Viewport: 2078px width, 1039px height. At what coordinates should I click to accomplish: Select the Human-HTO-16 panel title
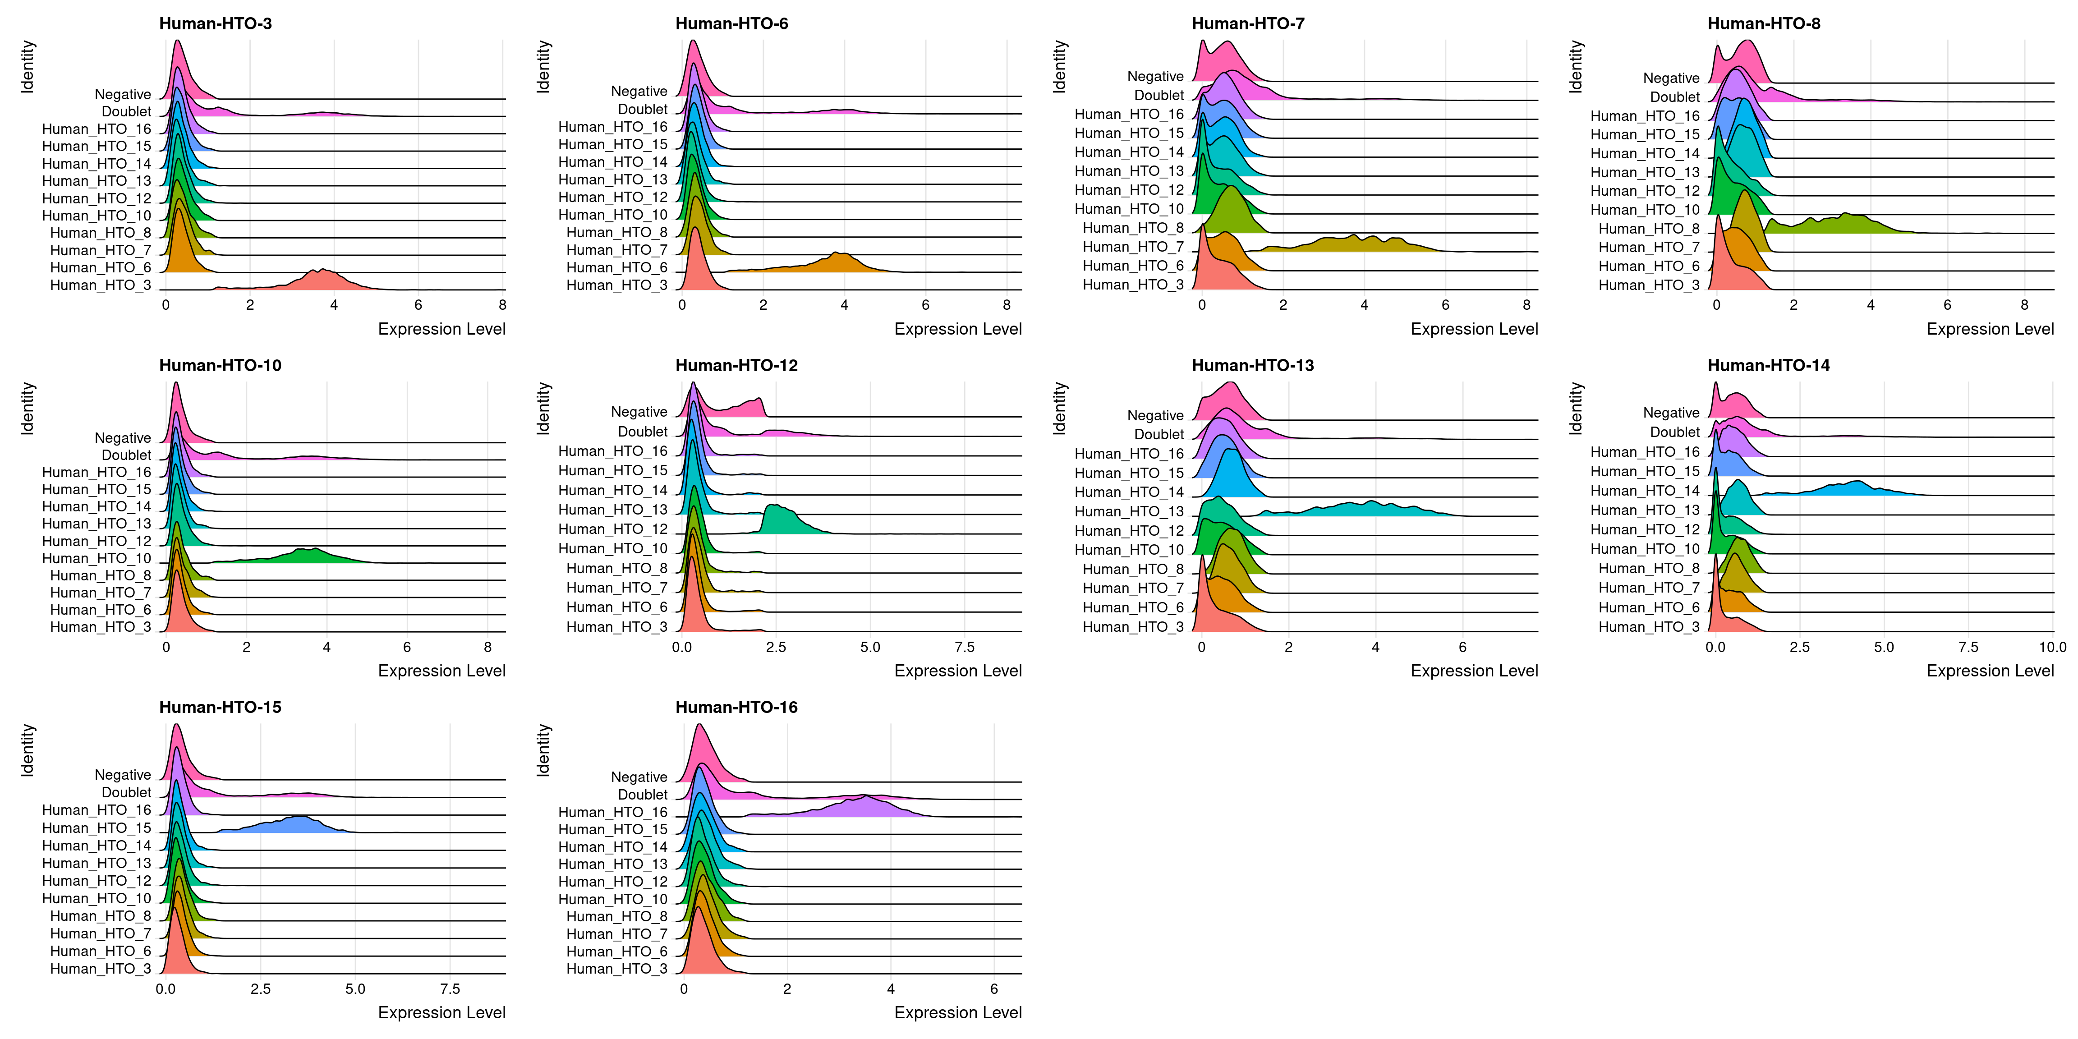click(736, 708)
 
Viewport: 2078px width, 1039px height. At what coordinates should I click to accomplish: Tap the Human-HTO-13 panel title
click(1252, 365)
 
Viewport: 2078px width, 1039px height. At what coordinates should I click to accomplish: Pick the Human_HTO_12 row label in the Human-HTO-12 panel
click(613, 529)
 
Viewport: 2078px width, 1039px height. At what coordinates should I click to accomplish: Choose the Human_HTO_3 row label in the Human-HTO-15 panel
click(100, 969)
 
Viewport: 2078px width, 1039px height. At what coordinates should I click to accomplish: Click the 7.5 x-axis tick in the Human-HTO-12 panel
click(965, 647)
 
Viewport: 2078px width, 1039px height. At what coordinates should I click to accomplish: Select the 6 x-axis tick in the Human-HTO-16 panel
click(994, 989)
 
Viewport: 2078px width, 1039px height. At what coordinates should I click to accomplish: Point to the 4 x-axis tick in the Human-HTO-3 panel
click(334, 305)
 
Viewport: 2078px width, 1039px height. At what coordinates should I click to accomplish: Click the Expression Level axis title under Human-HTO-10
click(441, 671)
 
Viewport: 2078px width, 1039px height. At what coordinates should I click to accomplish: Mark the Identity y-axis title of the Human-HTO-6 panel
click(544, 67)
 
